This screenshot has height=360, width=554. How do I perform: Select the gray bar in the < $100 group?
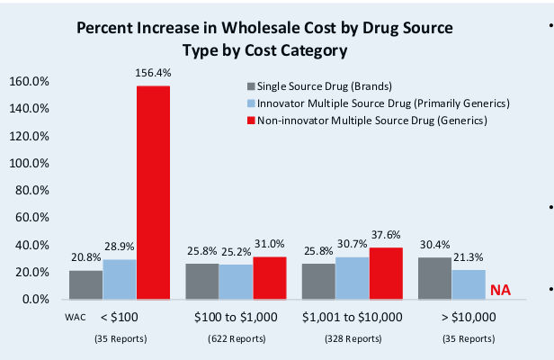(86, 284)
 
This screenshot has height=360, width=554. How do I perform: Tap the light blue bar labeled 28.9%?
(120, 279)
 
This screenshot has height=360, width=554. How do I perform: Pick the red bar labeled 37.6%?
(386, 273)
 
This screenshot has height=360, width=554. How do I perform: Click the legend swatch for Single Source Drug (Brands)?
(251, 87)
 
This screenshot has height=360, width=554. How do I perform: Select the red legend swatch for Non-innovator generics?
(251, 121)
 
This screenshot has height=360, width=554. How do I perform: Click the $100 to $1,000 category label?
(236, 319)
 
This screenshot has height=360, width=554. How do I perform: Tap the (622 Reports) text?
(236, 338)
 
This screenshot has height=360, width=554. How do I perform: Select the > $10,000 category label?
(469, 319)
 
